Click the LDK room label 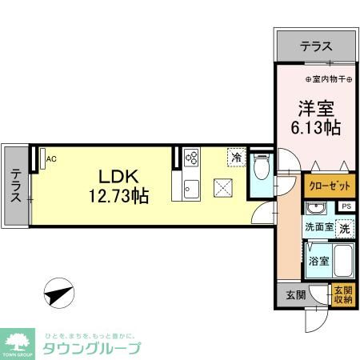(x=118, y=175)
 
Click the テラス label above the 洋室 (x=315, y=47)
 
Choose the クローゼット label (x=330, y=186)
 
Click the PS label (x=345, y=206)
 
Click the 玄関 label (x=295, y=294)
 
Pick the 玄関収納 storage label (x=342, y=294)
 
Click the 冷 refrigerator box (x=236, y=157)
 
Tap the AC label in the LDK (x=51, y=158)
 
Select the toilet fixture (x=259, y=168)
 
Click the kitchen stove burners (x=191, y=157)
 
